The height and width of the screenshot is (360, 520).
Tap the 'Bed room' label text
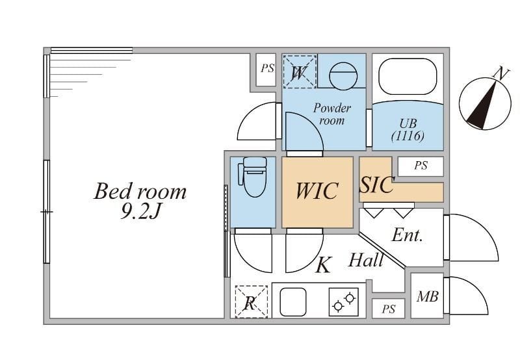coord(140,192)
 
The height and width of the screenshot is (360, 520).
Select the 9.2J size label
coord(140,212)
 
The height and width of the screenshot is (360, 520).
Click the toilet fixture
coord(252,176)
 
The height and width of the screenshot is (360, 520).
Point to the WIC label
coord(317,191)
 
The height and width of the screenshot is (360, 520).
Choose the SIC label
coord(376,185)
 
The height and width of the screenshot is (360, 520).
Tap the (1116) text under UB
coord(408,136)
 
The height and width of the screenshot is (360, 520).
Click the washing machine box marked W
coord(300,71)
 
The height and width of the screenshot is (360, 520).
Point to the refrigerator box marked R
coord(250,302)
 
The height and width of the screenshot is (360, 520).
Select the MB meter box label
coord(427,297)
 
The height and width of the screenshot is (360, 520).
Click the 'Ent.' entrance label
coord(408,235)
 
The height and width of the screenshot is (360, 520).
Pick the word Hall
coord(366,261)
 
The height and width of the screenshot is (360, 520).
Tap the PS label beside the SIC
coord(421,166)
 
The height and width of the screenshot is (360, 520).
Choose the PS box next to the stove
coord(388,309)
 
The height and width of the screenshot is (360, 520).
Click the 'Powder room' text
coord(331,114)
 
